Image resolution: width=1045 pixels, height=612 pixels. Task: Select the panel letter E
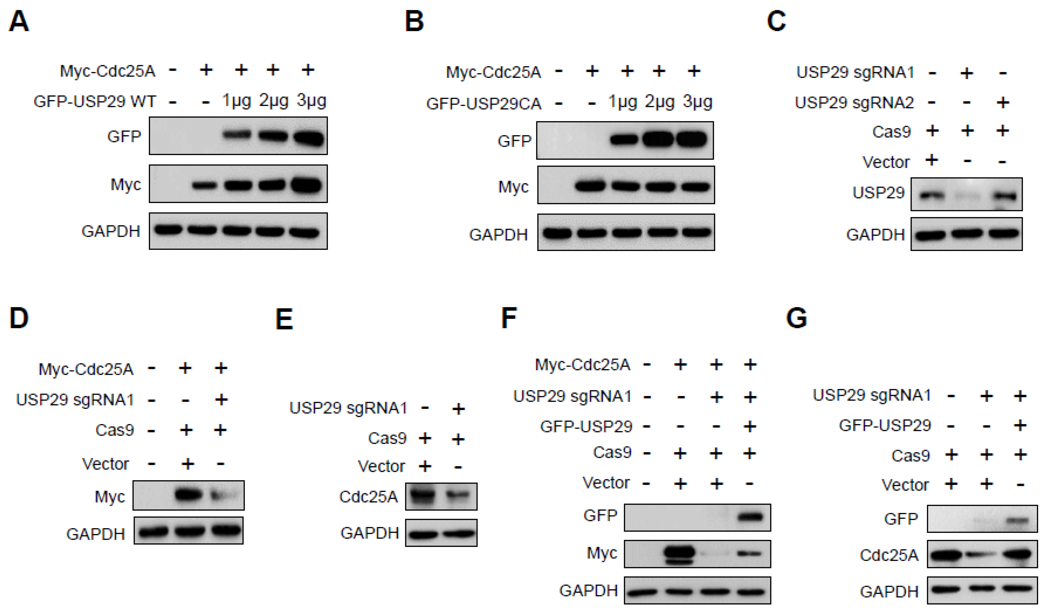[284, 319]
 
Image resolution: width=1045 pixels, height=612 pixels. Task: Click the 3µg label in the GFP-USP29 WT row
[312, 101]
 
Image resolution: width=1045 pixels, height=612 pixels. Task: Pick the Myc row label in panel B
[513, 187]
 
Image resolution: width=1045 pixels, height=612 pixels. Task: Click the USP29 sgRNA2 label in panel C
[854, 102]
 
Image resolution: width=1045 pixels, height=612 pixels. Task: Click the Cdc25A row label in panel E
[368, 496]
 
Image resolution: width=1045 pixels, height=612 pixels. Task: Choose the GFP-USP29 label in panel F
[586, 426]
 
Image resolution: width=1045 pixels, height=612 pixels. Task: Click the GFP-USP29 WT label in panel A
[95, 102]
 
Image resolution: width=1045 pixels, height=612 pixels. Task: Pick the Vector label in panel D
[105, 464]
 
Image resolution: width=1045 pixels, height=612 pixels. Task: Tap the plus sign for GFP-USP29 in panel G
[1021, 425]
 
